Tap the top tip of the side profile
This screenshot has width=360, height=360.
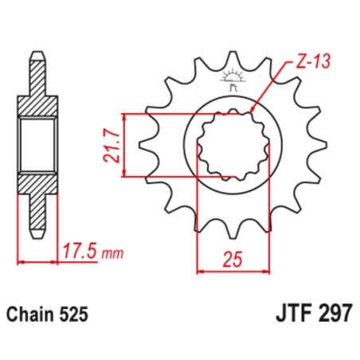37,54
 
